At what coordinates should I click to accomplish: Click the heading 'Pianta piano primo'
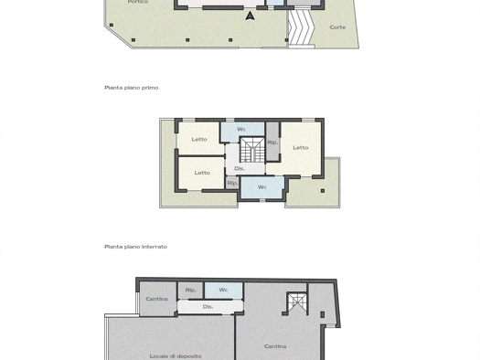coord(132,88)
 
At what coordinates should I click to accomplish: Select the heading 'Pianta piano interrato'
coord(135,247)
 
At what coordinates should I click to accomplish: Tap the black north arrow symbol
coord(251,16)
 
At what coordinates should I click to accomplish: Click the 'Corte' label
coord(337,27)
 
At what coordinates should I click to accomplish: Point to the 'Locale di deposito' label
coord(176,356)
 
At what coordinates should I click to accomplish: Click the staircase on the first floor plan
coord(252,150)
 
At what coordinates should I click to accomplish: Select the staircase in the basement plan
coord(296,303)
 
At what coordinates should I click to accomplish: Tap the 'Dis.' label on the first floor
coord(240,168)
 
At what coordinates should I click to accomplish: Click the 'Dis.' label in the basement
coord(208,307)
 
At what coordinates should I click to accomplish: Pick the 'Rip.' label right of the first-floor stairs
coord(272,143)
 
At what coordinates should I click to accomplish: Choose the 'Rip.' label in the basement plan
coord(190,290)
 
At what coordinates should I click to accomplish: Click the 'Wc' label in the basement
coord(223,290)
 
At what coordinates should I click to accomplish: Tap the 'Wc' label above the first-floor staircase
coord(241,129)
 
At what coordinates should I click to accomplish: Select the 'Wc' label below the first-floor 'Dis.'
coord(262,187)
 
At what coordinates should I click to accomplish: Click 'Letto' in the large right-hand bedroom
coord(301,148)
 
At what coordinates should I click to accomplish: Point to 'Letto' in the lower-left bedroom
coord(202,173)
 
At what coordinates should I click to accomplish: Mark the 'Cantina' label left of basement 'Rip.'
coord(156,299)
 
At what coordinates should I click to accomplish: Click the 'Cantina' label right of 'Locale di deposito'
coord(275,346)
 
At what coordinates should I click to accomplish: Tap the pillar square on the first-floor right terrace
coord(323,191)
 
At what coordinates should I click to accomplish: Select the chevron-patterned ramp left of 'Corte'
coord(302,27)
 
